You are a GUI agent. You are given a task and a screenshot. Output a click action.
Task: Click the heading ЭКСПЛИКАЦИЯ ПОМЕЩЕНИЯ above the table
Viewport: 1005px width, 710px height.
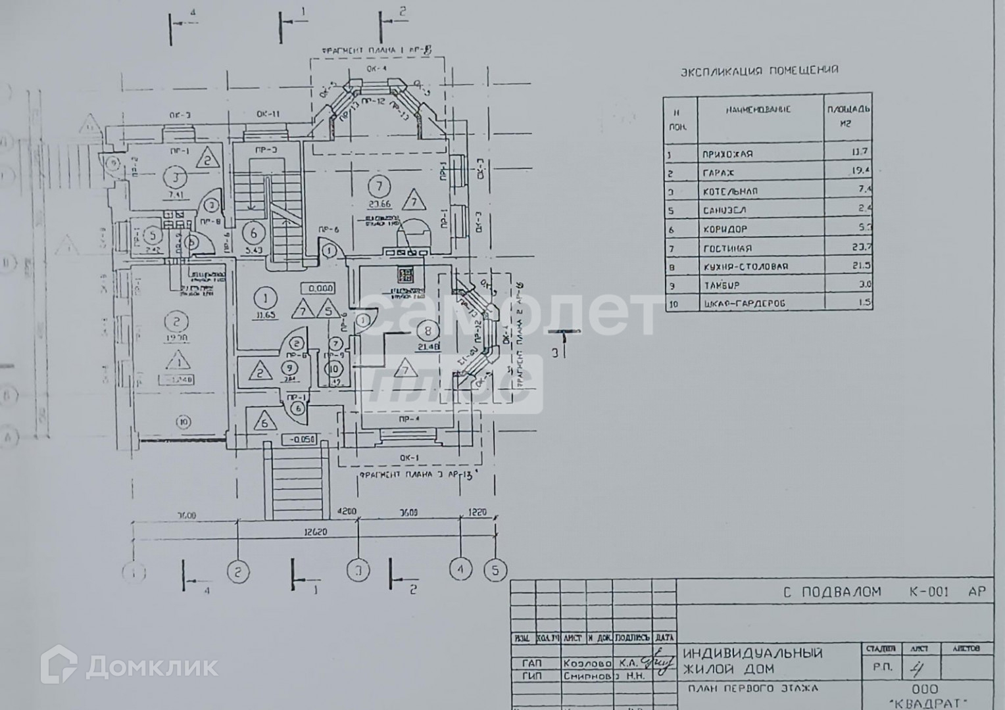(x=760, y=70)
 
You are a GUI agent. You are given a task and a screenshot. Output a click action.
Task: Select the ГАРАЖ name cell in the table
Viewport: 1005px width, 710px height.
(x=718, y=173)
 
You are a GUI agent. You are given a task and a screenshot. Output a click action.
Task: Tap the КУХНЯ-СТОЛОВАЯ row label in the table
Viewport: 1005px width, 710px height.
(x=745, y=267)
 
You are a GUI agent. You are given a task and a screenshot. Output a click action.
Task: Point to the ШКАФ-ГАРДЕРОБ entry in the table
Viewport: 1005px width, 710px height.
(x=743, y=304)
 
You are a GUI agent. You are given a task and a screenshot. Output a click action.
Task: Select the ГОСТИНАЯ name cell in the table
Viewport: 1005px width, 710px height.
(x=727, y=248)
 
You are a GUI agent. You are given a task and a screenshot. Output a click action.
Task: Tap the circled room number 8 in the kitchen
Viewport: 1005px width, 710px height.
(x=428, y=330)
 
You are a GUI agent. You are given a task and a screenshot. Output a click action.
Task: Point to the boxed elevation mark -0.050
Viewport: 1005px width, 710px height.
(x=299, y=440)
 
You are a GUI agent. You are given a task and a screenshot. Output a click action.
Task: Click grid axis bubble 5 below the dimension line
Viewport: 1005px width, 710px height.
(x=495, y=570)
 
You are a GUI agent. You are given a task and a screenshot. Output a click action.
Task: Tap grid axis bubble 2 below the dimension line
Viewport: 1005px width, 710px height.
(x=238, y=571)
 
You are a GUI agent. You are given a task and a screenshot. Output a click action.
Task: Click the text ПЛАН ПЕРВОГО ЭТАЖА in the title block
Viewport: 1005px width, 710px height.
(x=752, y=689)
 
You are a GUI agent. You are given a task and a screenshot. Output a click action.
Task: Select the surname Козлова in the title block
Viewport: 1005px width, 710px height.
(x=587, y=663)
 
